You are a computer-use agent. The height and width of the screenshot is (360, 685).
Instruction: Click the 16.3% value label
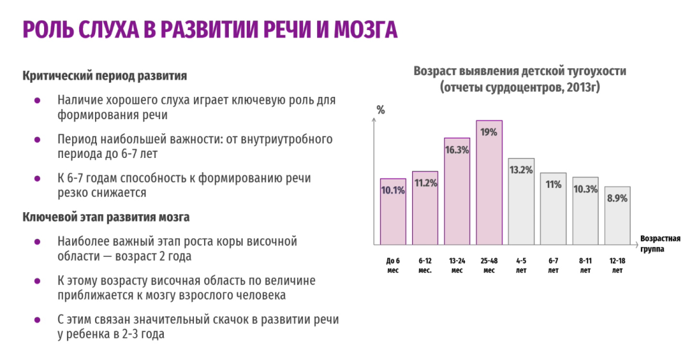click(457, 150)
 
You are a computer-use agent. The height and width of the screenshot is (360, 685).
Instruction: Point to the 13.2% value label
click(521, 170)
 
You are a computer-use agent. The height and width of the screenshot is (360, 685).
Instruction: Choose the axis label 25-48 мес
click(489, 266)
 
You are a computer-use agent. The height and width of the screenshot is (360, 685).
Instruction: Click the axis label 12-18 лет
click(617, 266)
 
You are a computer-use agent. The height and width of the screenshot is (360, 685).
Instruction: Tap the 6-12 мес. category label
click(425, 266)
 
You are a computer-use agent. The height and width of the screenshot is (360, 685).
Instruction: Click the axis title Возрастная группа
click(660, 243)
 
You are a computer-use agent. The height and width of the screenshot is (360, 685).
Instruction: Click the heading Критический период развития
click(104, 75)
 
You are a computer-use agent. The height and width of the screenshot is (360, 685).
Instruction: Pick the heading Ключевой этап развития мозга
click(106, 217)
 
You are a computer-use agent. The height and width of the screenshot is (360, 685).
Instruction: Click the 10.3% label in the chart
click(585, 189)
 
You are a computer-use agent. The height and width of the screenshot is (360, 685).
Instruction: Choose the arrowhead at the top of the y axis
click(373, 120)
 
